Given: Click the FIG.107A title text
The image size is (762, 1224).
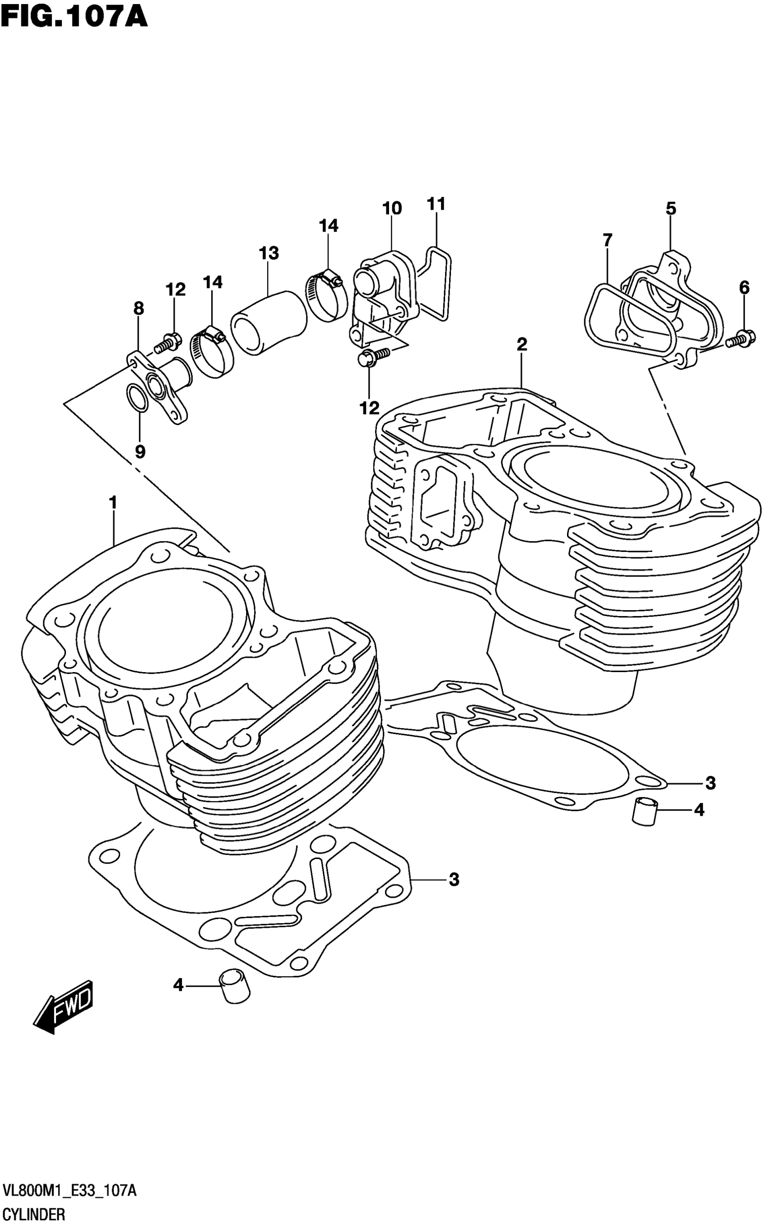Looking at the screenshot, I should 74,16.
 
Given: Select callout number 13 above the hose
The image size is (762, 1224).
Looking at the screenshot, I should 269,253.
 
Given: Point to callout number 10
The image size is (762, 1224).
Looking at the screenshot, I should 392,208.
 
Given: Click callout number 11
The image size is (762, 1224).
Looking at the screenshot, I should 436,204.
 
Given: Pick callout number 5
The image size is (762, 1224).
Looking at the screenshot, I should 670,208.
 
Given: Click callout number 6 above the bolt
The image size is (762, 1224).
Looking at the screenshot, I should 744,287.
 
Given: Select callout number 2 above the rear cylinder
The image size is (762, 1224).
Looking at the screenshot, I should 522,344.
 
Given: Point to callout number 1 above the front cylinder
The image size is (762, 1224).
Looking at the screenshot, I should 113,502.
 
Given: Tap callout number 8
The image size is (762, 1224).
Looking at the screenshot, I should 139,308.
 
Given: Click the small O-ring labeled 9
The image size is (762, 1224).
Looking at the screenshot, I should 137,398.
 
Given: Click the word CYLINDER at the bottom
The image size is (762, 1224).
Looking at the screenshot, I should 34,1214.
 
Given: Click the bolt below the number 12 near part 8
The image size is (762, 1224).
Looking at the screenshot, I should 167,343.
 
